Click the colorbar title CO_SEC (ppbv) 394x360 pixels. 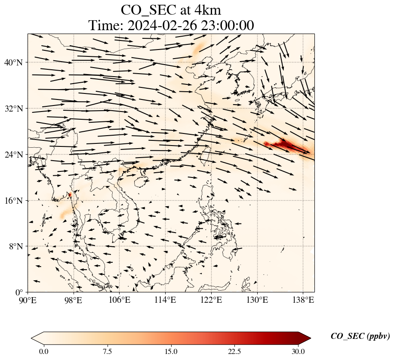[x=360, y=337]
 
